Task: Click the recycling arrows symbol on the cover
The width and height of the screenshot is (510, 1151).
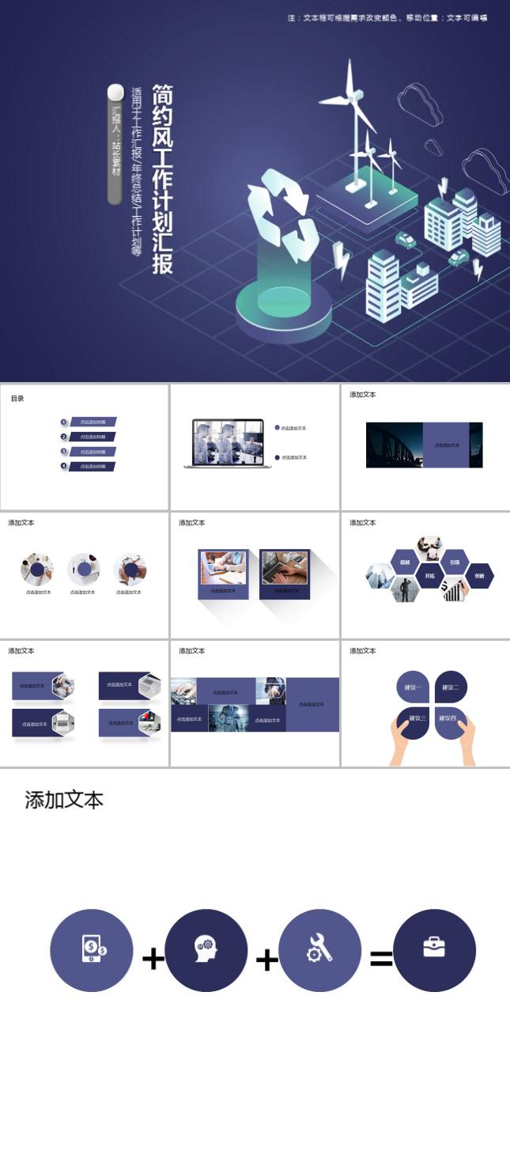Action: [282, 215]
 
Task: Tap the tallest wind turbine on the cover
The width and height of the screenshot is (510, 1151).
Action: [356, 119]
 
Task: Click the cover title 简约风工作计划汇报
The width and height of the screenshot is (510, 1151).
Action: [162, 180]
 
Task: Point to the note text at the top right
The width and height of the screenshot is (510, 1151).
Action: [387, 17]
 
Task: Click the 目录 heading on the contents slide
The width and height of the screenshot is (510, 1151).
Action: [17, 399]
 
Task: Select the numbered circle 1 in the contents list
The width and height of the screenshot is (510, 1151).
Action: [64, 422]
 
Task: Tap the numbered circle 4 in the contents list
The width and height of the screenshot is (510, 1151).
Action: [64, 466]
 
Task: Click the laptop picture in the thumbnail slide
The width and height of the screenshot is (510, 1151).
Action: [228, 442]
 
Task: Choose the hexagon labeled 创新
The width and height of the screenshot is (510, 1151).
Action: [479, 576]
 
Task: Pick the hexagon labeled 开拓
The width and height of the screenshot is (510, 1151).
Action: [429, 576]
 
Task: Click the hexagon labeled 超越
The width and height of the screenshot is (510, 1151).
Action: [405, 562]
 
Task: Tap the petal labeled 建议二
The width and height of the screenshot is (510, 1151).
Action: [451, 687]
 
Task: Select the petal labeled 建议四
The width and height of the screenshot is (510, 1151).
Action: [449, 718]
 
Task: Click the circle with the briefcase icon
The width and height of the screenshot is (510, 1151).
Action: [434, 949]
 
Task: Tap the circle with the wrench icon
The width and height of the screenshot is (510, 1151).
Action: [319, 949]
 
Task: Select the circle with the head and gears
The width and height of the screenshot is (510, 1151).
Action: [206, 949]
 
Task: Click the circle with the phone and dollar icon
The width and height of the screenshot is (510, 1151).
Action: [92, 949]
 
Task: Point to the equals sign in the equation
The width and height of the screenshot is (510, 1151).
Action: [381, 959]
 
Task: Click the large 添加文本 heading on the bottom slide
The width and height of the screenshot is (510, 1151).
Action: [64, 800]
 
